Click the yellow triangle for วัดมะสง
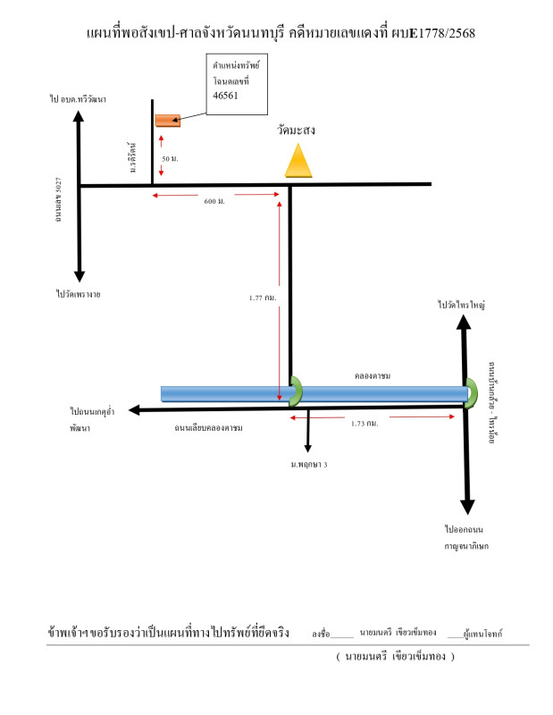click(x=298, y=161)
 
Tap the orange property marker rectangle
click(x=168, y=120)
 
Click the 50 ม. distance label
click(x=169, y=158)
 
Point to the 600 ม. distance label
click(x=214, y=201)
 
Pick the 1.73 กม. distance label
click(x=364, y=423)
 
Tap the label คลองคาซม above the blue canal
click(x=375, y=376)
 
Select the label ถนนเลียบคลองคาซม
click(x=209, y=428)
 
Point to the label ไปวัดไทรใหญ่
click(x=461, y=306)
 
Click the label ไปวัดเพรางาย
click(x=78, y=292)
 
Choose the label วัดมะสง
click(x=296, y=130)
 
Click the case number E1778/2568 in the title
click(x=442, y=34)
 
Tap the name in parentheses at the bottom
click(x=395, y=657)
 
